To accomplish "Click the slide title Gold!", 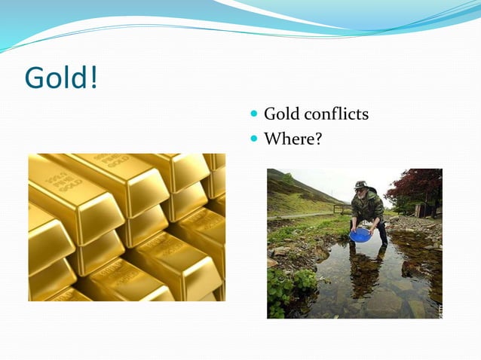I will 61,78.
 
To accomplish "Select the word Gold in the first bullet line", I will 282,114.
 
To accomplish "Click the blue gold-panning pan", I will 360,235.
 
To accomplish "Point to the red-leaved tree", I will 423,185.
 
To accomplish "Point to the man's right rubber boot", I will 384,234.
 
